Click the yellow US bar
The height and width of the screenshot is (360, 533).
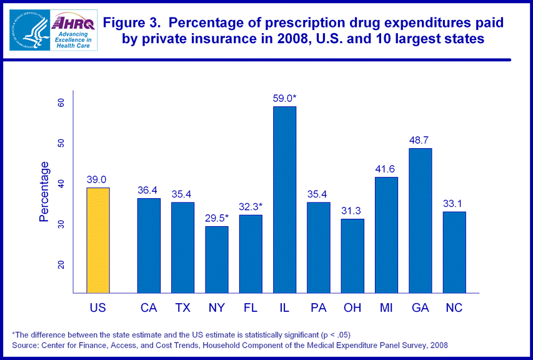click(x=98, y=240)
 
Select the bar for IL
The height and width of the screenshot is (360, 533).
click(x=284, y=199)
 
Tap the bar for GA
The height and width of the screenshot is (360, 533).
click(x=420, y=220)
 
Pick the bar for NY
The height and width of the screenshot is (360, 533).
click(x=217, y=259)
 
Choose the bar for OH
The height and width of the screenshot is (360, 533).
click(x=352, y=256)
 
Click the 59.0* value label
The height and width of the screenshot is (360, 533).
click(x=284, y=98)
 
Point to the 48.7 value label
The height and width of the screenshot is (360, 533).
click(x=420, y=140)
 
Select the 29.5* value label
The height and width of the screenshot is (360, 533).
click(x=217, y=218)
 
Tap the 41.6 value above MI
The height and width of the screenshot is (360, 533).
click(x=386, y=169)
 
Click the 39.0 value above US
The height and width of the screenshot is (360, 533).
click(x=98, y=179)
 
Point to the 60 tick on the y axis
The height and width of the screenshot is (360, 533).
click(x=61, y=103)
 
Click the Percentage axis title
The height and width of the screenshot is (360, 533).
click(x=44, y=192)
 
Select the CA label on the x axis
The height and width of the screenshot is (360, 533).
click(x=149, y=307)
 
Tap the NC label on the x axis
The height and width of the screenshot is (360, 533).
click(x=454, y=307)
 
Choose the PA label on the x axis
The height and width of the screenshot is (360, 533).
click(x=318, y=307)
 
